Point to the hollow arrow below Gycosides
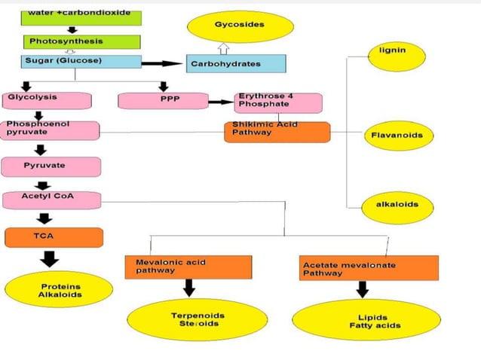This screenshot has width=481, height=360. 222,48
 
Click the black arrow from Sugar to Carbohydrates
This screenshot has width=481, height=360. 163,64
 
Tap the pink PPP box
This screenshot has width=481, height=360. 163,101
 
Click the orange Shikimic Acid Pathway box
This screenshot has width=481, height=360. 277,132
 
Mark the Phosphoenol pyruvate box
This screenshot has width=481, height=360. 50,130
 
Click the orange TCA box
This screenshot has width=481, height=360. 54,237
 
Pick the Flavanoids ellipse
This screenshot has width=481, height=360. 398,136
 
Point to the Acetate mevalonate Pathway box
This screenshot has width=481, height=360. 369,268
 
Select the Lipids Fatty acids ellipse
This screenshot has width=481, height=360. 366,320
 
